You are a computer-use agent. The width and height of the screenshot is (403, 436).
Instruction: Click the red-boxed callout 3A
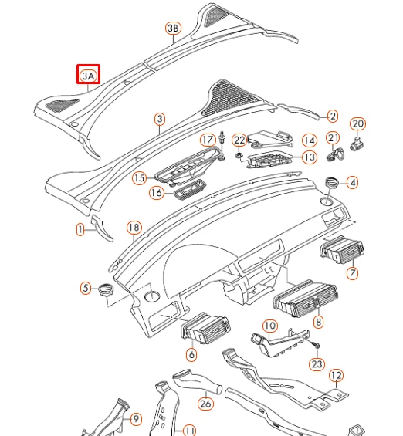[88, 76]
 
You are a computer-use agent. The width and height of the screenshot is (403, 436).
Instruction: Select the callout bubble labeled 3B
[173, 29]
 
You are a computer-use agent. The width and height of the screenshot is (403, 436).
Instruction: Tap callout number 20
[357, 123]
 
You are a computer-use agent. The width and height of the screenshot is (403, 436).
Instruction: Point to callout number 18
[134, 228]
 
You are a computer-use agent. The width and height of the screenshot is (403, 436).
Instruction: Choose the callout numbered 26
[205, 403]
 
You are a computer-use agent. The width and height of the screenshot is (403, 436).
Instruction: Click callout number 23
[317, 364]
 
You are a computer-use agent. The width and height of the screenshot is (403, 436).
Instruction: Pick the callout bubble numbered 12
[336, 376]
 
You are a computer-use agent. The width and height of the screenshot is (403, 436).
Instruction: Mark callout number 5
[86, 289]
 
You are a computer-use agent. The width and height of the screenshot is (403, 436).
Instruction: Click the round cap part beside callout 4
[334, 182]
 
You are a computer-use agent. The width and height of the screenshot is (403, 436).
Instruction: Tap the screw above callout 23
[317, 342]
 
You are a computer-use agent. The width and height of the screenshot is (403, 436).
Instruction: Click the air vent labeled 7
[340, 252]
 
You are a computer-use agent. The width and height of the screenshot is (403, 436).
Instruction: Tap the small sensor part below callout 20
[357, 142]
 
